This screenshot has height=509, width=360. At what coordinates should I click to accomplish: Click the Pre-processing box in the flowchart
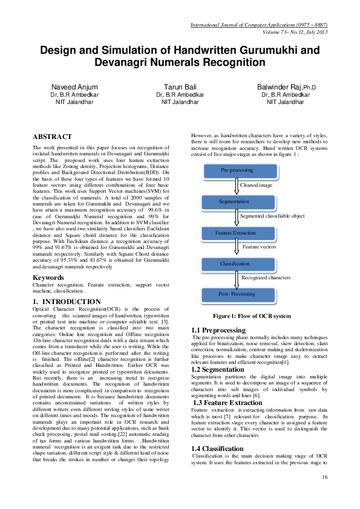pos(237,170)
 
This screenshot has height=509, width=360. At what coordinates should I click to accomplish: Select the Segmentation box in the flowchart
pos(234,201)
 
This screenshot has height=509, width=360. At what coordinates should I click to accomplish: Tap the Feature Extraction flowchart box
pos(235,233)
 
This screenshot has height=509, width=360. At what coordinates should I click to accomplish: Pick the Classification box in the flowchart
pos(235,264)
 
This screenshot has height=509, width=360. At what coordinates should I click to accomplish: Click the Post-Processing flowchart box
pos(236,294)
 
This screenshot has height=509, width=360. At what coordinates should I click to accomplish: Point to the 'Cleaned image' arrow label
pos(256,185)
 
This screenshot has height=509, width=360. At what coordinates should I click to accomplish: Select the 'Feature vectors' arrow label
pos(259,247)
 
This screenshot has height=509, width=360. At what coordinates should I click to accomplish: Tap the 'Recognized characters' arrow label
pos(266,278)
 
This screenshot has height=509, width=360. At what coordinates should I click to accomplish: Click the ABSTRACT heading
pos(52,137)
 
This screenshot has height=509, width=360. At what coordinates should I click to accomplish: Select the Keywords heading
pos(49,277)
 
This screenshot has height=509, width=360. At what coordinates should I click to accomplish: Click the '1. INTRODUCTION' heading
pos(67,301)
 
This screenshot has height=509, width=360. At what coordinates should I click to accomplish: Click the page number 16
pos(324,478)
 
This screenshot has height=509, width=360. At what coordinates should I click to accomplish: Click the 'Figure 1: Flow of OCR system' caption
pos(251,316)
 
